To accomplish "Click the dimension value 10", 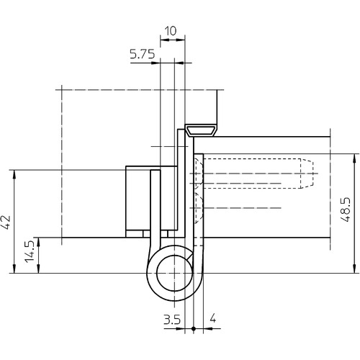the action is click(x=171, y=31).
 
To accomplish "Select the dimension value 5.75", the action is click(x=143, y=54).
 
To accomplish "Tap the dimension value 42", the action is click(x=6, y=222).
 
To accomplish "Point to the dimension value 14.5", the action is click(x=30, y=251).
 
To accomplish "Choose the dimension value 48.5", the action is click(x=346, y=210).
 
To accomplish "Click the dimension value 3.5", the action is click(x=172, y=320).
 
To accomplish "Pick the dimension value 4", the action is click(x=212, y=319).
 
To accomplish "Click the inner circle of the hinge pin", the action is click(x=175, y=273).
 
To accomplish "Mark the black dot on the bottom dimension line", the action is click(x=194, y=328).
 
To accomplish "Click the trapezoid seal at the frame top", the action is click(x=201, y=131).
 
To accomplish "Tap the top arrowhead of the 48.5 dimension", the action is click(x=354, y=158).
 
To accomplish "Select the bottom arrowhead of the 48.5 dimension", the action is click(x=354, y=269).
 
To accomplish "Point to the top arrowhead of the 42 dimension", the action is click(x=14, y=174).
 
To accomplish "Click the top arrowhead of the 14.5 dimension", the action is click(x=38, y=242).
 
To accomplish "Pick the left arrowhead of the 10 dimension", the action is click(x=165, y=40).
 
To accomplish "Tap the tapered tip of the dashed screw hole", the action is click(x=307, y=174).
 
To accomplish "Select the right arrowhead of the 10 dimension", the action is click(x=181, y=40).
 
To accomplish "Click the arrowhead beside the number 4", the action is click(x=208, y=328).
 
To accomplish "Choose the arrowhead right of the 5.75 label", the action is click(x=156, y=63).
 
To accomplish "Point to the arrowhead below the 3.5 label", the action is click(x=181, y=328).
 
